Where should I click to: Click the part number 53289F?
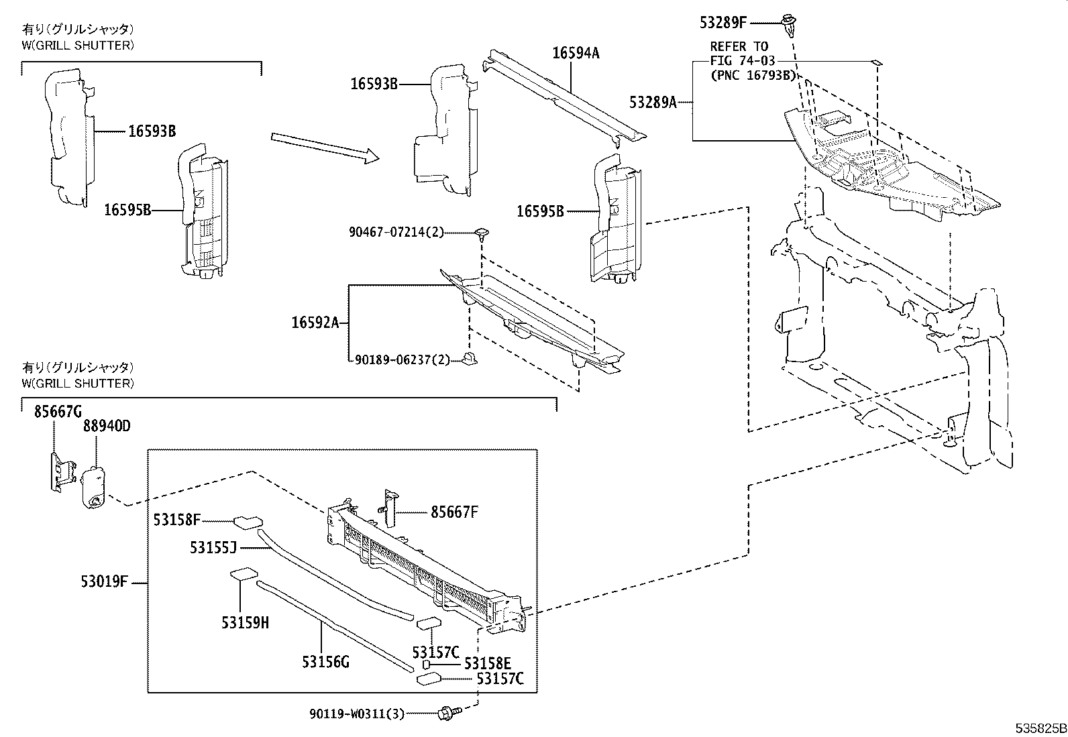(723, 22)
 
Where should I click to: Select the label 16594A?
(576, 53)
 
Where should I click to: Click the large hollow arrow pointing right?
(325, 148)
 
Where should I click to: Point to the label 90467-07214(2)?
(396, 232)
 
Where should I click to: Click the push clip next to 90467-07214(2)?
(482, 234)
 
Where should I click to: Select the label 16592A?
(315, 323)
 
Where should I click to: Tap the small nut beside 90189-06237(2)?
(470, 359)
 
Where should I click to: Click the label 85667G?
(58, 411)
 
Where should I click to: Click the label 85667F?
(454, 512)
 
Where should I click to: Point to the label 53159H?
(245, 622)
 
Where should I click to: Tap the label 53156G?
(325, 663)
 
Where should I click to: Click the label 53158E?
(488, 663)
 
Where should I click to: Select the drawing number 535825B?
(1039, 728)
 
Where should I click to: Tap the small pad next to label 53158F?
(245, 521)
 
